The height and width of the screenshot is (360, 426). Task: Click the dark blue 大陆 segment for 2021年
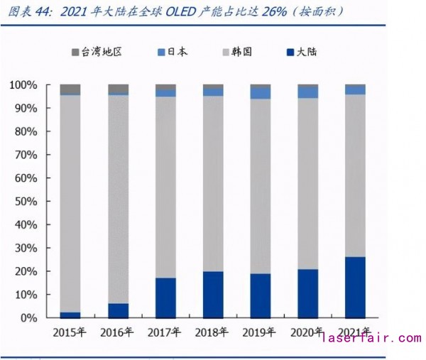[x=355, y=287]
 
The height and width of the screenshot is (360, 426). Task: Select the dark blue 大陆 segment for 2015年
[x=70, y=315]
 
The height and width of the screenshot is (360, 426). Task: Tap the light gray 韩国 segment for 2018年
[x=213, y=183]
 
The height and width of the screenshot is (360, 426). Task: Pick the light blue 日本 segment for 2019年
[x=261, y=93]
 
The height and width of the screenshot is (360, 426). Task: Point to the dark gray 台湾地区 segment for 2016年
[x=118, y=88]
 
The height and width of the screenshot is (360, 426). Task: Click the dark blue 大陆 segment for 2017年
[x=165, y=298]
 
